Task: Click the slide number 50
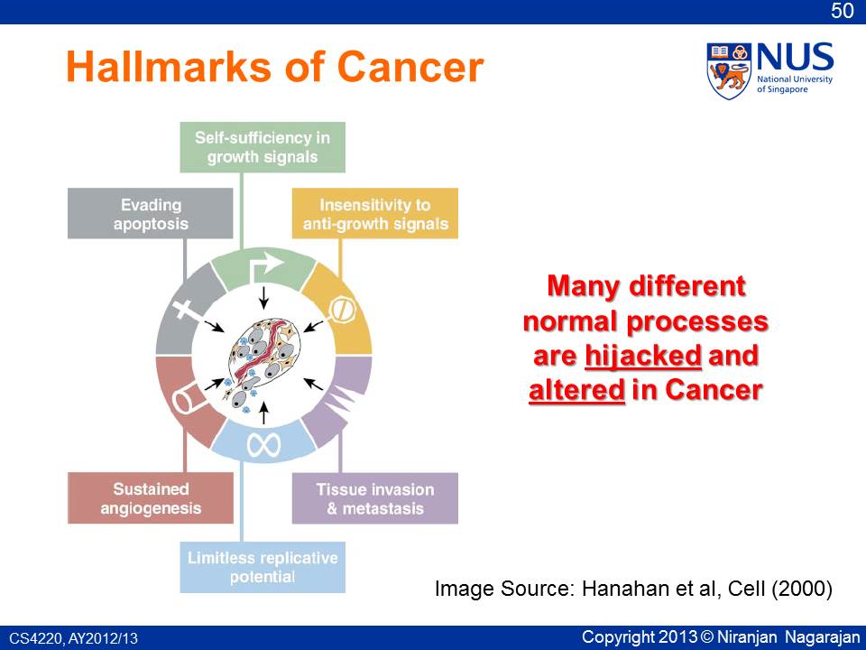point(843,11)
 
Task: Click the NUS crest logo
point(729,70)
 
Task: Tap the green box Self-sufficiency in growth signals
point(263,147)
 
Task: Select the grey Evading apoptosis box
point(151,213)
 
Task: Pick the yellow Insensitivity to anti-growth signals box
point(375,213)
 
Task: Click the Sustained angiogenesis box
point(151,498)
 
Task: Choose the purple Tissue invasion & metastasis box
point(375,498)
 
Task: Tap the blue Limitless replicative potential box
point(263,567)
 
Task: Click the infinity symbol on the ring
point(263,444)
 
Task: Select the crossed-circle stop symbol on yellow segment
point(343,311)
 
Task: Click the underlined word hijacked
point(643,356)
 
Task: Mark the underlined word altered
point(576,390)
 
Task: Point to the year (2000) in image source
point(802,588)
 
